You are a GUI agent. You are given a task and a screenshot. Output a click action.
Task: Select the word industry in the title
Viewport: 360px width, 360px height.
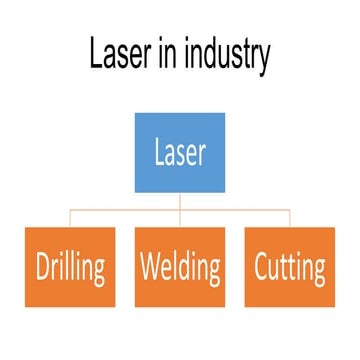(x=226, y=57)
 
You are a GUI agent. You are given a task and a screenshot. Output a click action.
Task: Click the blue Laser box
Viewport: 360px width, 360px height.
(x=180, y=152)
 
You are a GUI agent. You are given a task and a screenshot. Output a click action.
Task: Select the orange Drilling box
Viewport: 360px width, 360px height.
(x=71, y=268)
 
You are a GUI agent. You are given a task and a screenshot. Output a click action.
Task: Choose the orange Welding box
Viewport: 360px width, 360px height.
(x=180, y=268)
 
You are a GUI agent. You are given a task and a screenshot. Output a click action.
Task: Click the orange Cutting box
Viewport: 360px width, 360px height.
(x=289, y=268)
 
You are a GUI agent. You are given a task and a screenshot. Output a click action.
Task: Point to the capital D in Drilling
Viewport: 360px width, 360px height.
(x=43, y=268)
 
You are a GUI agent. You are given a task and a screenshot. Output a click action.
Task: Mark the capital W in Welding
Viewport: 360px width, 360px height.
(x=151, y=268)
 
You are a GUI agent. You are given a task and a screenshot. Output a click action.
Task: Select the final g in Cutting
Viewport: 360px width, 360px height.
(x=317, y=272)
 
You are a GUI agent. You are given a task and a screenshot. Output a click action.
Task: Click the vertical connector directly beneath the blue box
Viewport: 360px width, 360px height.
(x=180, y=201)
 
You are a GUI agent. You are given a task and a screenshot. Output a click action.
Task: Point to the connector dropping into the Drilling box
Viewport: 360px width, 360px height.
(x=71, y=220)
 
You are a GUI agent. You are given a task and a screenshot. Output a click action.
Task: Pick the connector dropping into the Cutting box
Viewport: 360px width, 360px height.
(x=289, y=220)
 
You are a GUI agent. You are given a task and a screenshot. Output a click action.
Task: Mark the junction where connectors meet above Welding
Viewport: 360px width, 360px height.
(x=180, y=211)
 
